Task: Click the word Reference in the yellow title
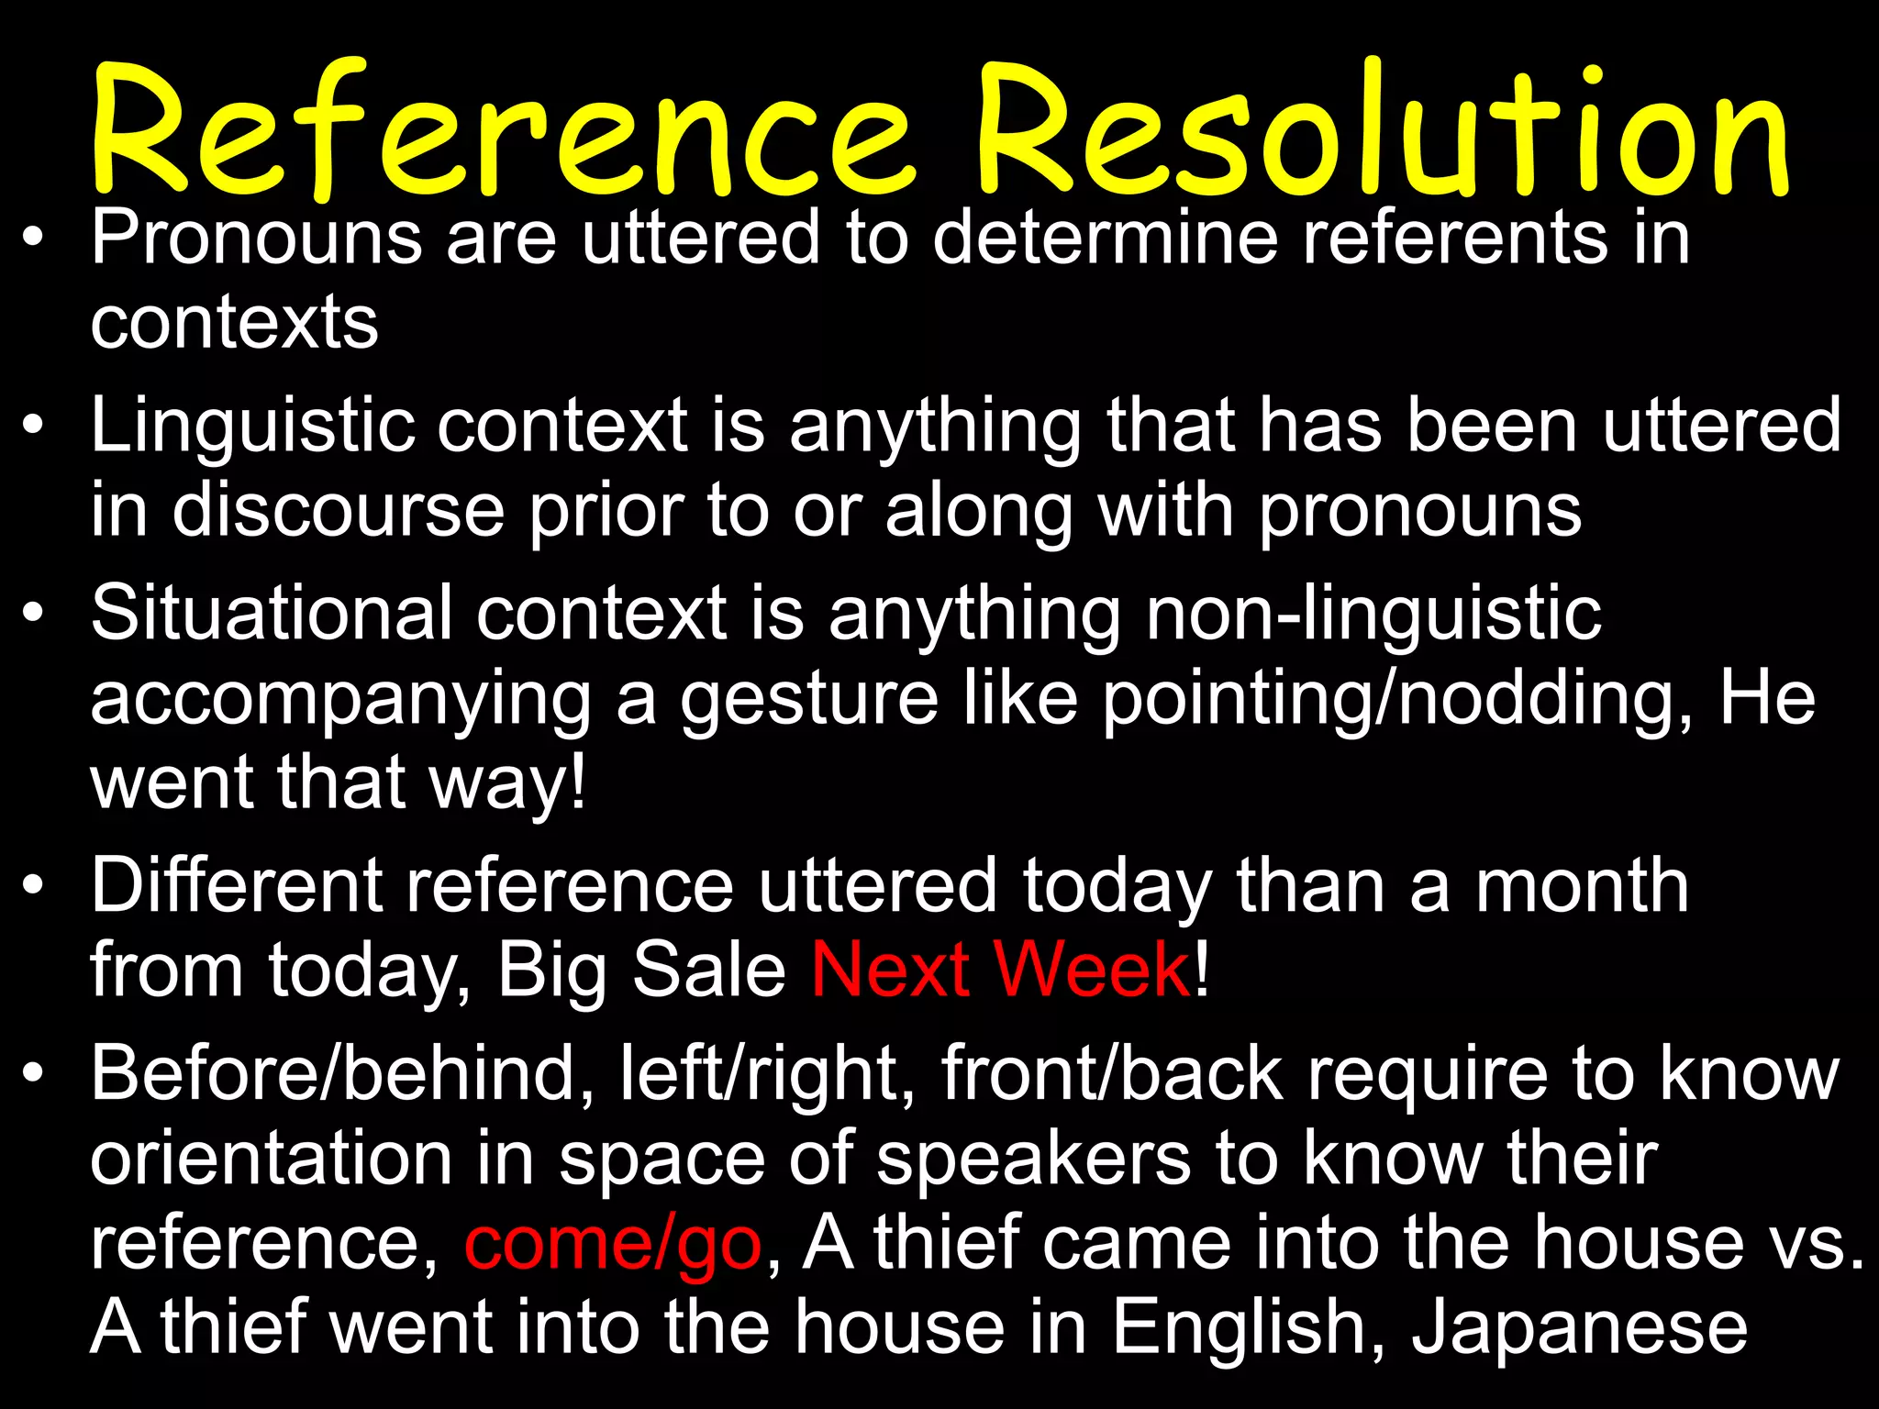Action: [x=500, y=133]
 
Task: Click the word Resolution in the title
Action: [x=1381, y=133]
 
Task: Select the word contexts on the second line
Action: [x=234, y=323]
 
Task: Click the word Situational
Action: [x=272, y=613]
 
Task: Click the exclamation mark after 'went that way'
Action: [x=577, y=782]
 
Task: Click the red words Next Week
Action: [x=1000, y=970]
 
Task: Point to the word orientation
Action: [x=272, y=1158]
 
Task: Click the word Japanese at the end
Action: [x=1579, y=1327]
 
